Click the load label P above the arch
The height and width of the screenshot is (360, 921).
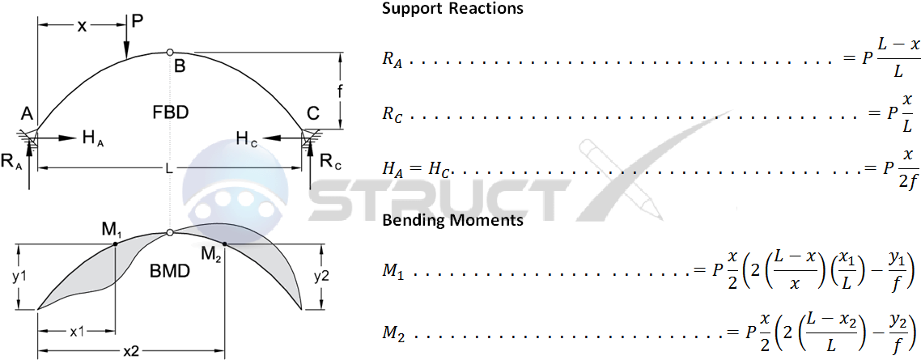(137, 21)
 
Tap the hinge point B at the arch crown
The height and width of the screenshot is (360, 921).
(169, 53)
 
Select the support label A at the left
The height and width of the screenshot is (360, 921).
(26, 112)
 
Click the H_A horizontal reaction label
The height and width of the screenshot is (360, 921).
(91, 138)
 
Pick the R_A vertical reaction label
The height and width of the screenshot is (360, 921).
(11, 163)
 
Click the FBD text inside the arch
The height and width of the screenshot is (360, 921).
(170, 112)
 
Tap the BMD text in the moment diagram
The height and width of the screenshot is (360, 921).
(171, 272)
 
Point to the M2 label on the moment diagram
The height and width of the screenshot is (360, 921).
(211, 256)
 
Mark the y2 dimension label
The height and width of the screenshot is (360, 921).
(320, 275)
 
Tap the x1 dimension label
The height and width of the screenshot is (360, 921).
(78, 332)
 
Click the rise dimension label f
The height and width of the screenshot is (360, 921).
(342, 92)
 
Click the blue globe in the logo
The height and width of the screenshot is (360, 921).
(235, 182)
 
